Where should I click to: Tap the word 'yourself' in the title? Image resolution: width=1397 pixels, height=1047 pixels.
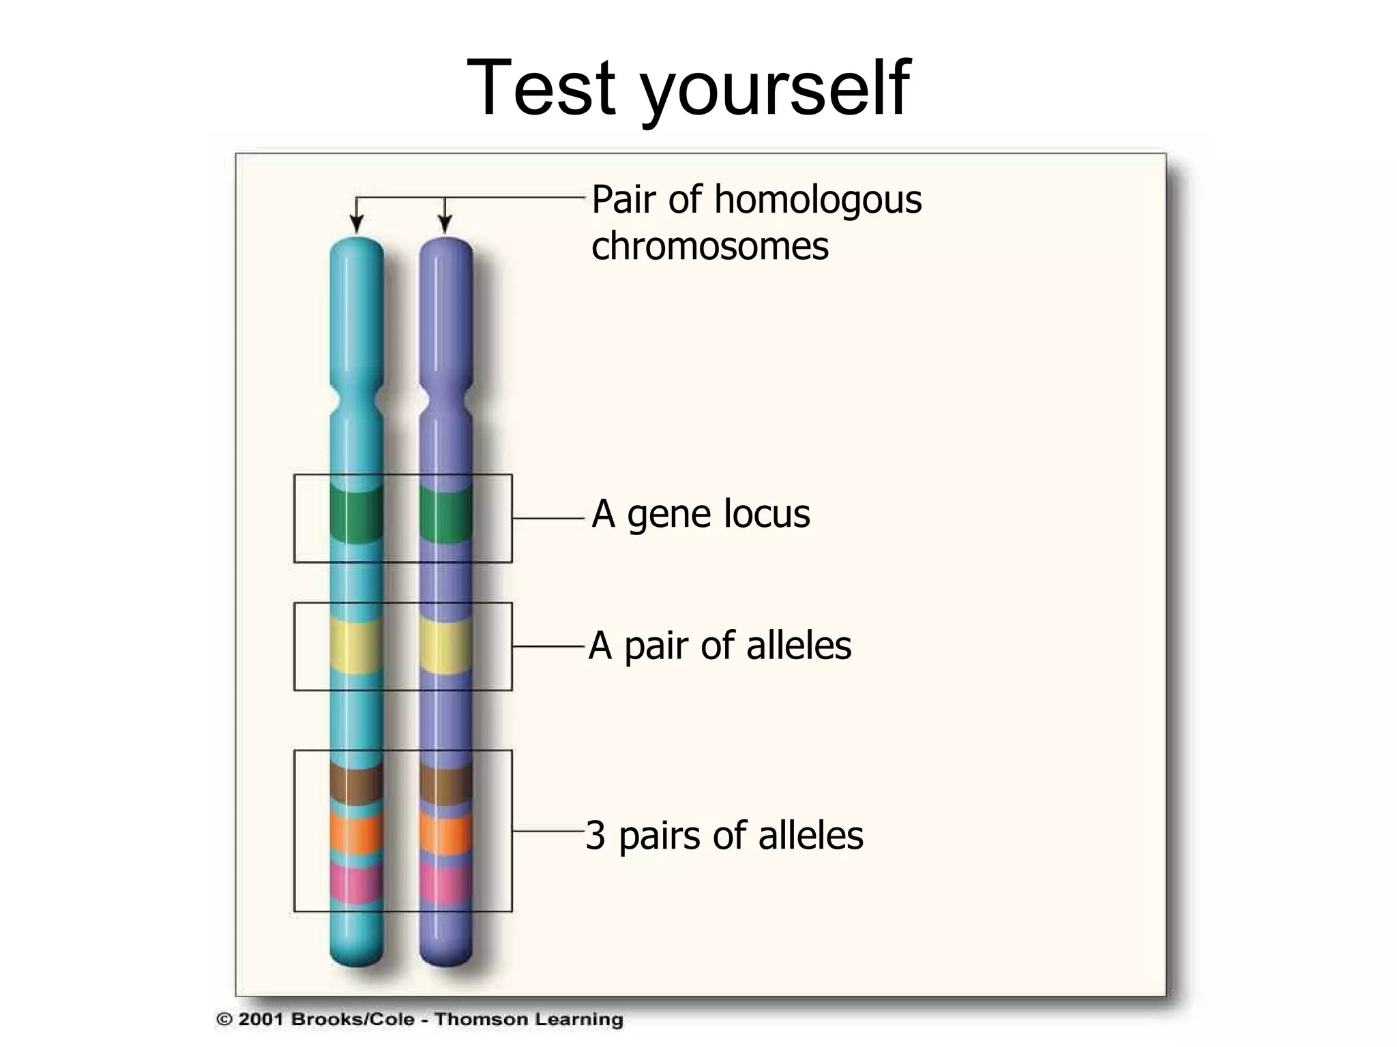click(x=774, y=92)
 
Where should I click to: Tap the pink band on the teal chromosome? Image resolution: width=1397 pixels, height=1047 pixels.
click(x=355, y=883)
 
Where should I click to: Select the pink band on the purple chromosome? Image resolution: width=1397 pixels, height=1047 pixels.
click(x=445, y=883)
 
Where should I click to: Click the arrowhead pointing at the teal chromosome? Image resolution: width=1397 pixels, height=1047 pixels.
click(x=355, y=224)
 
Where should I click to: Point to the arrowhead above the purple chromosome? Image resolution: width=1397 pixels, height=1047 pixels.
click(x=445, y=224)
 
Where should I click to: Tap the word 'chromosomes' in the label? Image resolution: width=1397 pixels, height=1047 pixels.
click(x=709, y=247)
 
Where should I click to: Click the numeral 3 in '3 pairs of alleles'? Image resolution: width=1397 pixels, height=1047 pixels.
click(x=595, y=836)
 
